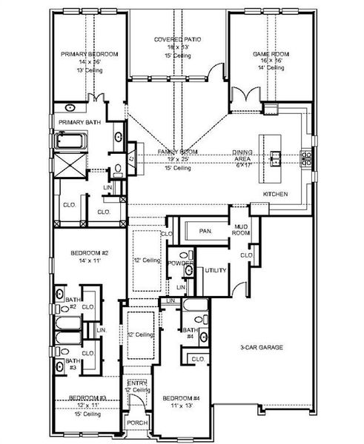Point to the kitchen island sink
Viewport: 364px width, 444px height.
pos(276,157)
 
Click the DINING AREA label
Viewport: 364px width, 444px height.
pos(243,153)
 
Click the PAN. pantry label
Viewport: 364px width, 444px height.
pos(205,232)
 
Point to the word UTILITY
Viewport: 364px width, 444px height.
pos(215,271)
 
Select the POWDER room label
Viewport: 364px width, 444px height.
pos(180,263)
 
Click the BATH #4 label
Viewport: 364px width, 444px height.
pos(189,334)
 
